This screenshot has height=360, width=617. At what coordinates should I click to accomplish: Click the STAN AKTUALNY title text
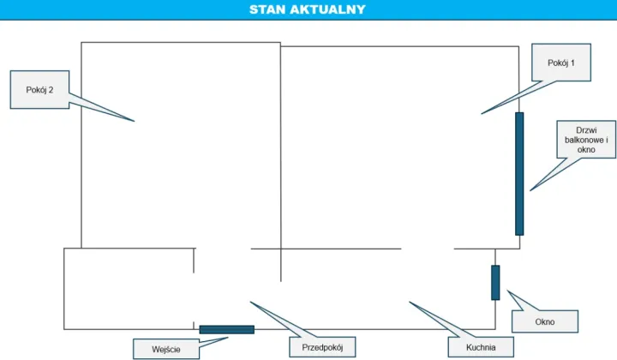tap(308, 9)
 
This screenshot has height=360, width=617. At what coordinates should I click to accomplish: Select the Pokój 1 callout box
tap(561, 63)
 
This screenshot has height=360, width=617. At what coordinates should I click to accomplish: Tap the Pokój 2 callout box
tap(39, 90)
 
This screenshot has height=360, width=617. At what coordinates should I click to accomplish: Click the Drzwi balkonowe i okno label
tap(586, 140)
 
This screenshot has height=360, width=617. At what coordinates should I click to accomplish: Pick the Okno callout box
tap(545, 321)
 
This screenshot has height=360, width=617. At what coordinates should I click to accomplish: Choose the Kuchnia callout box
tap(481, 347)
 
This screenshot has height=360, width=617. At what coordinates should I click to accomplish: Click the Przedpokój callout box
tap(322, 347)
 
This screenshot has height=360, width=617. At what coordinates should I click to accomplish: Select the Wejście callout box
tap(166, 349)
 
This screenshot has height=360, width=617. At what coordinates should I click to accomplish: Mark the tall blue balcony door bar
tap(519, 174)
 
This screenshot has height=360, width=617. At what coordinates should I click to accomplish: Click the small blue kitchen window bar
tap(495, 283)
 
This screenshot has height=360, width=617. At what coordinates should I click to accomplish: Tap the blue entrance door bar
tap(226, 329)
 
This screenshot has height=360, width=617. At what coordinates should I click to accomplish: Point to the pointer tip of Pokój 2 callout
tap(135, 121)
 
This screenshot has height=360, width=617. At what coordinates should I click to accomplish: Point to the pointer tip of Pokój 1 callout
tap(482, 114)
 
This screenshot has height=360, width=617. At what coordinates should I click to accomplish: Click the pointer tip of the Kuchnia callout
tap(410, 302)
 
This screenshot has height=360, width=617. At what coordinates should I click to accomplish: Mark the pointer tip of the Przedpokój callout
tap(250, 302)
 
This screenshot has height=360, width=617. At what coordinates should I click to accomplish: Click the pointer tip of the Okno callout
tap(507, 291)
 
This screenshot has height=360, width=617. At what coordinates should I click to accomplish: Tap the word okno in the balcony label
tap(586, 149)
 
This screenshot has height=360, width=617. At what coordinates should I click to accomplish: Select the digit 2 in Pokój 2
tap(51, 90)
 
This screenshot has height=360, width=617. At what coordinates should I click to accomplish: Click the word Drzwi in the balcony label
tap(586, 129)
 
